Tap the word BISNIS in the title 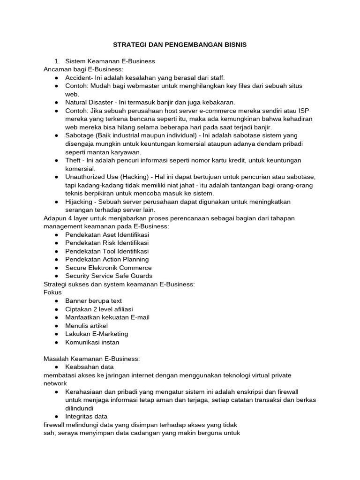coord(233,45)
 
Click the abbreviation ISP coord(303,111)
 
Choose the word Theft coord(74,160)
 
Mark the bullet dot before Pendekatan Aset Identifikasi coord(56,234)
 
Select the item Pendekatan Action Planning coord(107,259)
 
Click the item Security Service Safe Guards coord(109,276)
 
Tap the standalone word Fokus coord(52,292)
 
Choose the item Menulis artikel coord(87,325)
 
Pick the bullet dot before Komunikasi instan coord(56,342)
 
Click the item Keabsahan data coord(90,367)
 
